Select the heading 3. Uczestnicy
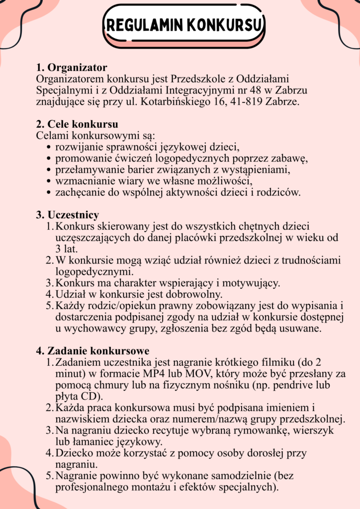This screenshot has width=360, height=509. (x=67, y=215)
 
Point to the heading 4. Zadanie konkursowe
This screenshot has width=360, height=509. (x=92, y=351)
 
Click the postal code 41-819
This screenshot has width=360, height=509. (x=239, y=102)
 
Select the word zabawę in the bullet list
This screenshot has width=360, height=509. (x=291, y=159)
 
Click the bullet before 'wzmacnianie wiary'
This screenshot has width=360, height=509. (x=49, y=181)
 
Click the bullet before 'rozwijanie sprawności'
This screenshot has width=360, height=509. (x=49, y=148)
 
